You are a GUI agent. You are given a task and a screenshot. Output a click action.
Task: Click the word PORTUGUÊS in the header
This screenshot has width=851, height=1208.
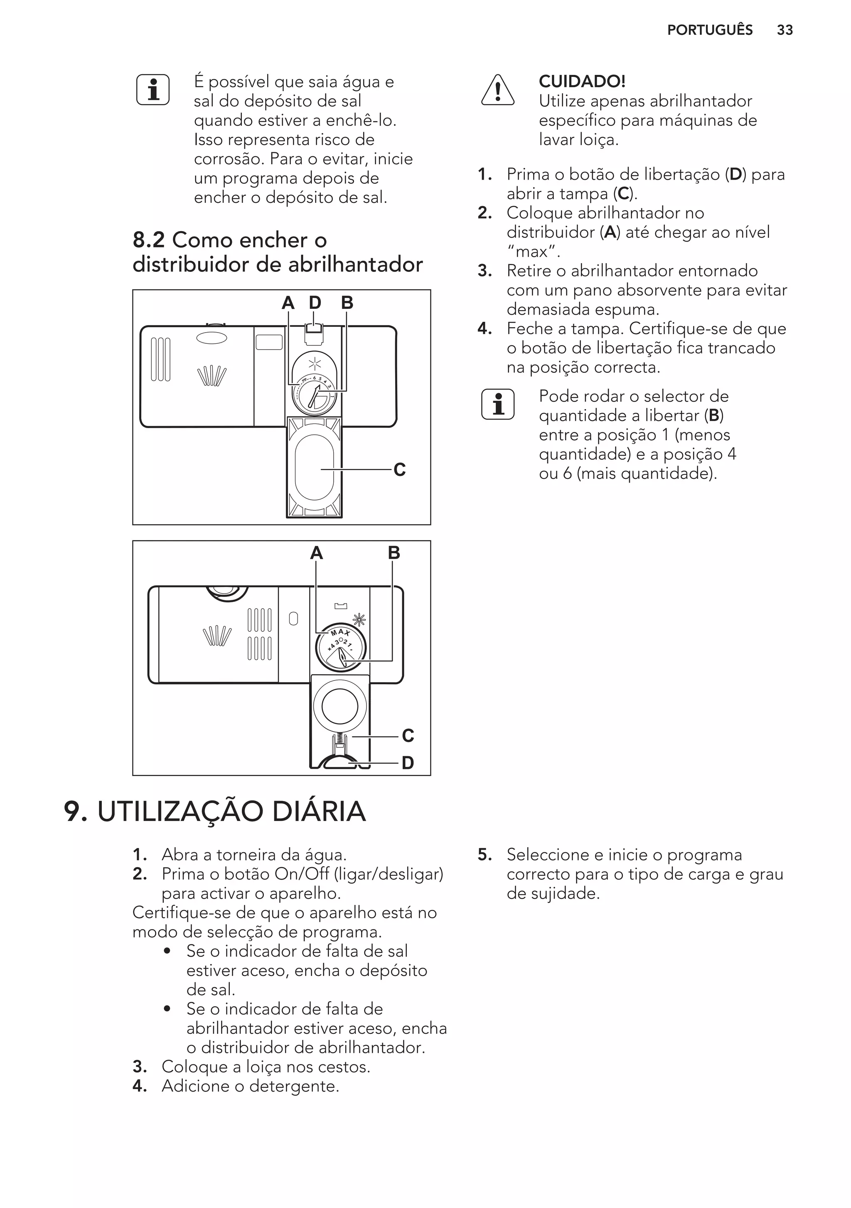[710, 30]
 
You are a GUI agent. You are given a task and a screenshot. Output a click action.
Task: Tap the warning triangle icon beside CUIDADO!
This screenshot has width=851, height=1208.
[497, 90]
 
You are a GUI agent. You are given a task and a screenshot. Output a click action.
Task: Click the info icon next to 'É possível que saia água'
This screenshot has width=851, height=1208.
[153, 90]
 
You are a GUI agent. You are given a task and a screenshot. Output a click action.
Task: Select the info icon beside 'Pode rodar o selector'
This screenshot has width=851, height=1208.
[497, 404]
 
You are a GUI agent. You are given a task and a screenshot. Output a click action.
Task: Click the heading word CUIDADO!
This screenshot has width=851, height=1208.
[582, 81]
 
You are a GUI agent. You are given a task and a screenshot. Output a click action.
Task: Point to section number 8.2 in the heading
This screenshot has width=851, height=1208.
[149, 240]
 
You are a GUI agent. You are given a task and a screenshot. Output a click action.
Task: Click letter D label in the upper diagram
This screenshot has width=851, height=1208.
[315, 303]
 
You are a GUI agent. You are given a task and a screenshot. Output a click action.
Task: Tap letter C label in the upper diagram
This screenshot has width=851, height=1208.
[399, 469]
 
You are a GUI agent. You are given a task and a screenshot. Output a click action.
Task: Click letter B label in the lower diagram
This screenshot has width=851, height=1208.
[394, 553]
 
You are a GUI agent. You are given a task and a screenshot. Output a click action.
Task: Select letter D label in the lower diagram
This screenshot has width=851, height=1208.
[408, 763]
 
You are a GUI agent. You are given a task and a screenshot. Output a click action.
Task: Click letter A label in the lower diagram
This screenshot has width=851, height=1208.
[316, 553]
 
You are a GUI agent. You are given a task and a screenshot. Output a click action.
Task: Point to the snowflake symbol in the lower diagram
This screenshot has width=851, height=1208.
[360, 620]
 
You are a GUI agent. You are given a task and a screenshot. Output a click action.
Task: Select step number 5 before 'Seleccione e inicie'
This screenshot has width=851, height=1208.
[484, 855]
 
